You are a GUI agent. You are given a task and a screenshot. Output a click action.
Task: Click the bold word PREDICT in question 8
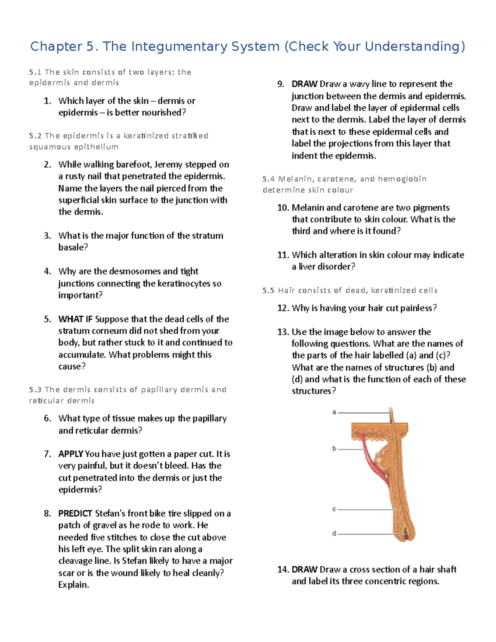(75, 513)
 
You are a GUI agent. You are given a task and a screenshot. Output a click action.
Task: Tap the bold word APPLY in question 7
(71, 454)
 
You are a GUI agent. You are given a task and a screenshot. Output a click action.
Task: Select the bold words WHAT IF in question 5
(76, 319)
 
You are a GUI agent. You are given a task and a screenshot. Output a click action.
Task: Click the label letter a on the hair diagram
(334, 412)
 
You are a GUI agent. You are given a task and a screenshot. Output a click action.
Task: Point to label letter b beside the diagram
(334, 449)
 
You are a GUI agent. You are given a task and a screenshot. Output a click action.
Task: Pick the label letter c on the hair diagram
(334, 509)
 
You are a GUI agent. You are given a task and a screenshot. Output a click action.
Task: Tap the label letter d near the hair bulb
(334, 534)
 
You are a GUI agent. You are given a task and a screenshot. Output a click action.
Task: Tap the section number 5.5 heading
(268, 291)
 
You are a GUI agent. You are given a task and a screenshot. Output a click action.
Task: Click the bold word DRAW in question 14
(305, 570)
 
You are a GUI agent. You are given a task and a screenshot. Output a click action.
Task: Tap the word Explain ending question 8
(73, 585)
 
